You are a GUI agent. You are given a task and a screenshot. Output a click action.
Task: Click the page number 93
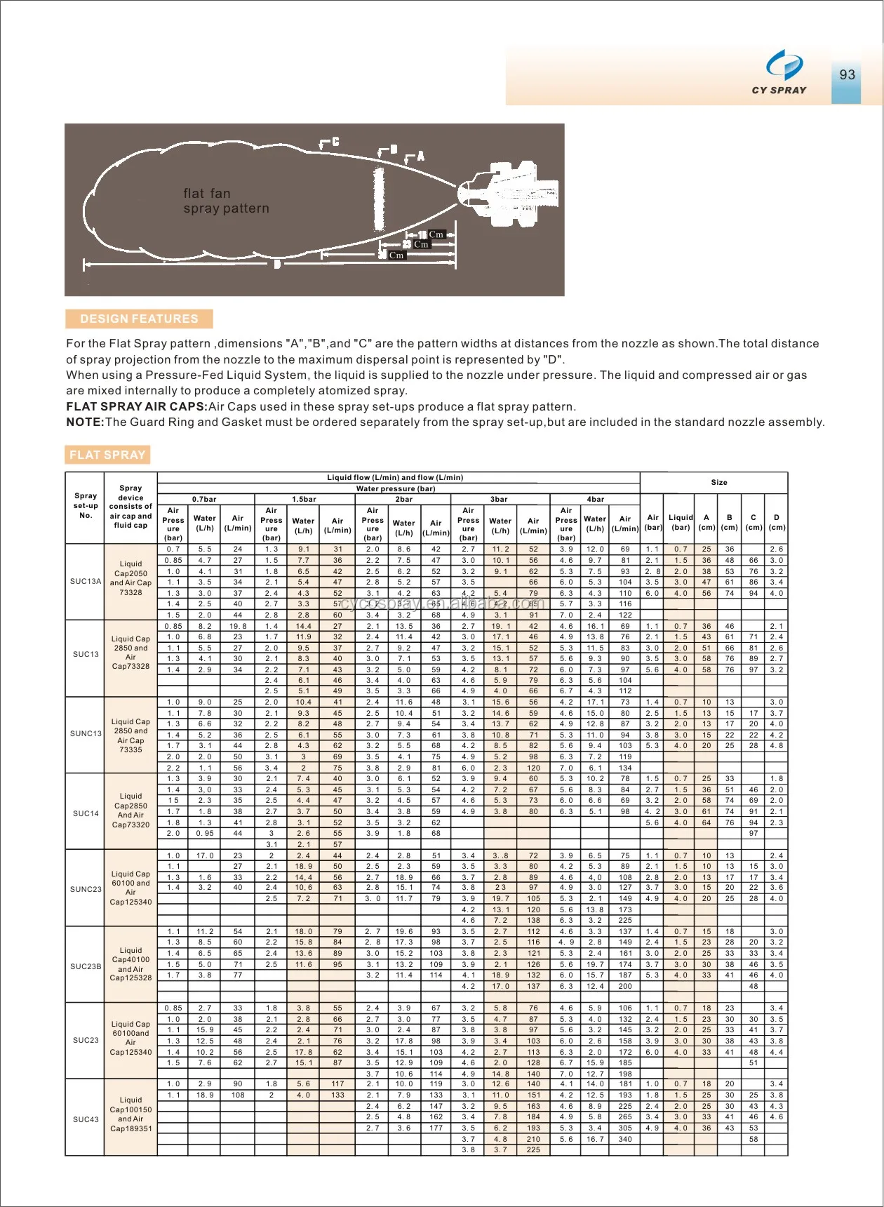click(847, 74)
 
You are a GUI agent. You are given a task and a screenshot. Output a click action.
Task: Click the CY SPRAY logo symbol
click(784, 65)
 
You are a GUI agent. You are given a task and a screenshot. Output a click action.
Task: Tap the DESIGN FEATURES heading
click(139, 319)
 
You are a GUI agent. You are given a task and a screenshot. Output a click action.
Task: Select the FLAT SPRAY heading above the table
click(107, 455)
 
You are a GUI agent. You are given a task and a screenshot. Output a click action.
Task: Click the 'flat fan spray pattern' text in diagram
click(226, 201)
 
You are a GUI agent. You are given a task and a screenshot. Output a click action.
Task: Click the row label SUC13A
click(86, 581)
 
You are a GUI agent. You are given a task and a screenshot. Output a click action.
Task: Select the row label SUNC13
click(86, 733)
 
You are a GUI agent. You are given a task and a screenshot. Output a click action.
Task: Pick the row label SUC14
click(86, 813)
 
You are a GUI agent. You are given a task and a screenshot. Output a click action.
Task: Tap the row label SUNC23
click(86, 889)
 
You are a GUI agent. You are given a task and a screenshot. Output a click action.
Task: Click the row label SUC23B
click(86, 966)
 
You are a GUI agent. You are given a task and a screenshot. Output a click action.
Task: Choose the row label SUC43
click(86, 1119)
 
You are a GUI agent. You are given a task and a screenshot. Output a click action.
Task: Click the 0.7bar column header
click(204, 500)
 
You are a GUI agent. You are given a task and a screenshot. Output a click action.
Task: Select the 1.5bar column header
click(304, 500)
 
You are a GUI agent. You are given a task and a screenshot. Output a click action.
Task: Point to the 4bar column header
click(595, 500)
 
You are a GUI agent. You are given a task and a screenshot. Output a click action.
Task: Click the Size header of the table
click(719, 483)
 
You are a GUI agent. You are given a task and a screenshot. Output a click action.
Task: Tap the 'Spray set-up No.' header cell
click(86, 505)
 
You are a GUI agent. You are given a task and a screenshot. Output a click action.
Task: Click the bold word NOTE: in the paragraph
click(85, 422)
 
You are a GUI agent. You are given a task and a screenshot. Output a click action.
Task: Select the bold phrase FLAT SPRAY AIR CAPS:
click(137, 407)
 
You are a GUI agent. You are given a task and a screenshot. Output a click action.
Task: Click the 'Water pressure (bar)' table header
click(396, 488)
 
